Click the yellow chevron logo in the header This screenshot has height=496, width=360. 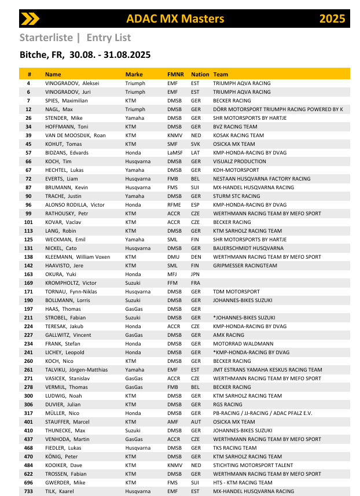point(30,19)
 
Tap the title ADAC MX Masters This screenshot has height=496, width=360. point(175,19)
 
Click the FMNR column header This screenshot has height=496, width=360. point(175,75)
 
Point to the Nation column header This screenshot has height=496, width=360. point(200,75)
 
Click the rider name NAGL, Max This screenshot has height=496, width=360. point(59,109)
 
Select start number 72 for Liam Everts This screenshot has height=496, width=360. point(29,179)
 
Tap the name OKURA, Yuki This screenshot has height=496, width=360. point(61,274)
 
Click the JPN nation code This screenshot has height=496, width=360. point(196,274)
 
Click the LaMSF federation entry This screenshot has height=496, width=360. point(175,153)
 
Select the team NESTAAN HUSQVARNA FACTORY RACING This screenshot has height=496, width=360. point(262,179)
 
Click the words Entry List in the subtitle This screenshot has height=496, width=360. point(109,38)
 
